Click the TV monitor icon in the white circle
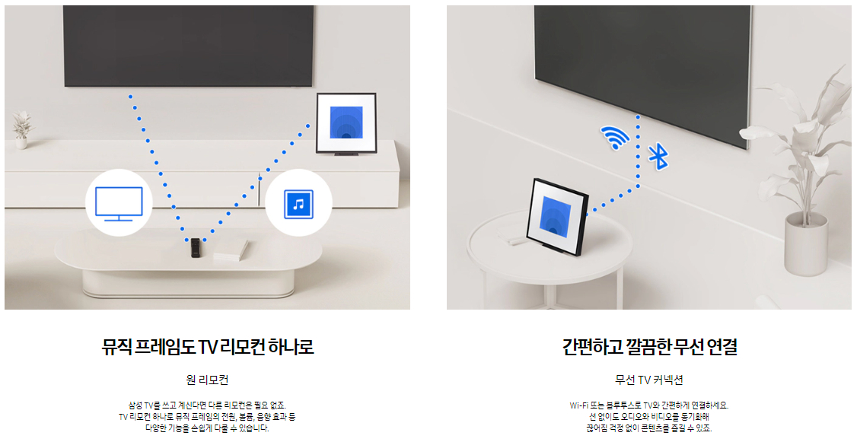(119, 203)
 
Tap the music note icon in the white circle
(298, 203)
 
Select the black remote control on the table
(196, 247)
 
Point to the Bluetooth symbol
(657, 154)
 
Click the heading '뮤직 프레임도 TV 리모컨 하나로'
(208, 348)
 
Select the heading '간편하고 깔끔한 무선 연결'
(649, 348)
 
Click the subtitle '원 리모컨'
(207, 380)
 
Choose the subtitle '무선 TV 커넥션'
(649, 380)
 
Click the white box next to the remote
(230, 250)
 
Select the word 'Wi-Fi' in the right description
(578, 405)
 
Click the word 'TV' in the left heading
(208, 348)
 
